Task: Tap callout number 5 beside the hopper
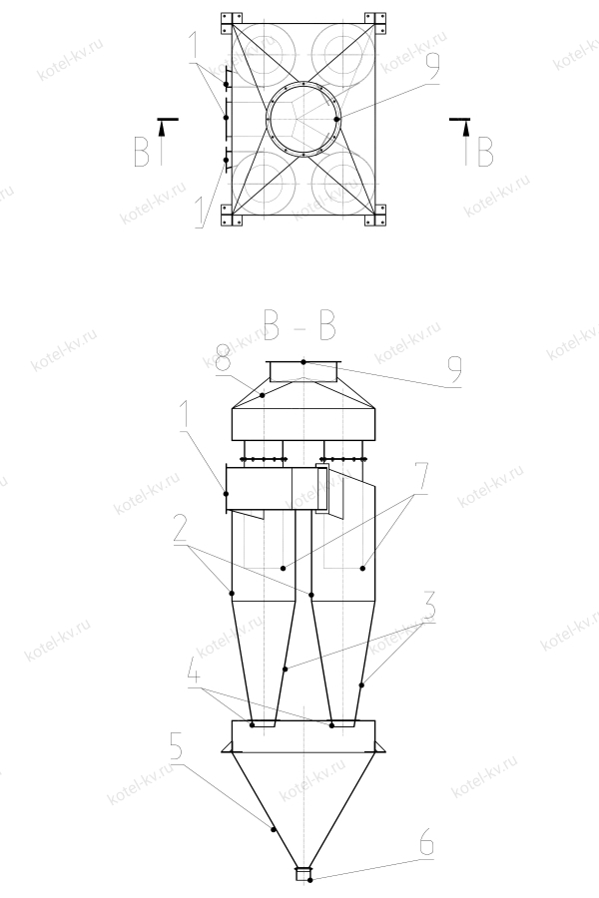[176, 747]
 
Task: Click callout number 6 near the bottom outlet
[426, 843]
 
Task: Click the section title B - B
[299, 323]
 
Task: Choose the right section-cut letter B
[484, 152]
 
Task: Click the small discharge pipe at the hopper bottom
[303, 874]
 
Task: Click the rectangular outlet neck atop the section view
[303, 371]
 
